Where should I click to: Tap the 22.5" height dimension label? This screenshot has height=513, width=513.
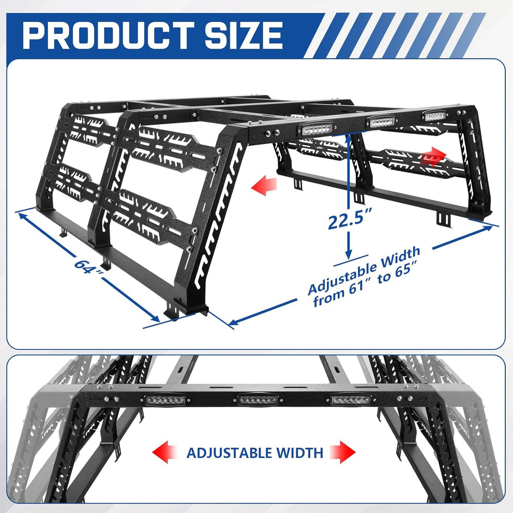pos(348,222)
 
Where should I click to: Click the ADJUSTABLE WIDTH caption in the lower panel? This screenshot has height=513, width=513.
pos(254,452)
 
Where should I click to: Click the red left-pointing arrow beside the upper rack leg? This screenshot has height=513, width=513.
pos(262,187)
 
